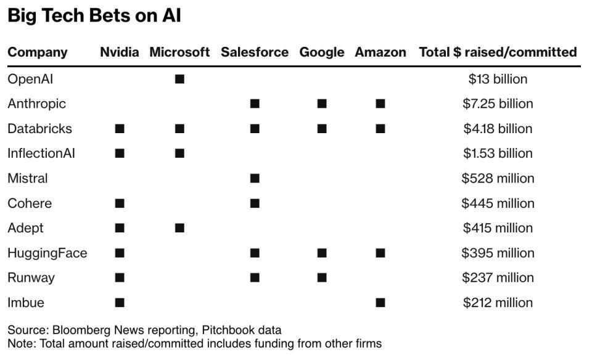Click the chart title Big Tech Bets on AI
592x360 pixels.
[94, 15]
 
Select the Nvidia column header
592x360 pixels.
[119, 52]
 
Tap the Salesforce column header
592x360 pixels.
[254, 52]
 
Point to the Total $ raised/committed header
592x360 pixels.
[498, 52]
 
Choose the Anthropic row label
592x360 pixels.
[36, 104]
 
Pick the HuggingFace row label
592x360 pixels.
[47, 253]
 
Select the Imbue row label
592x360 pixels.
[25, 303]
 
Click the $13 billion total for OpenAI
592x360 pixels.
[498, 79]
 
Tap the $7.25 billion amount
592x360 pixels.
[498, 104]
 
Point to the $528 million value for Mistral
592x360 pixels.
[498, 178]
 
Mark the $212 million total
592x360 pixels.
[498, 303]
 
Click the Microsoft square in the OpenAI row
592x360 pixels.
[179, 79]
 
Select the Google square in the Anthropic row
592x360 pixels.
[322, 104]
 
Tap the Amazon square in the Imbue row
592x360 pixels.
[380, 303]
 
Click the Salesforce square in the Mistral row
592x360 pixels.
[255, 178]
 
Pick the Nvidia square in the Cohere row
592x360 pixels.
[120, 203]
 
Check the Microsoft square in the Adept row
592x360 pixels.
[179, 228]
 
